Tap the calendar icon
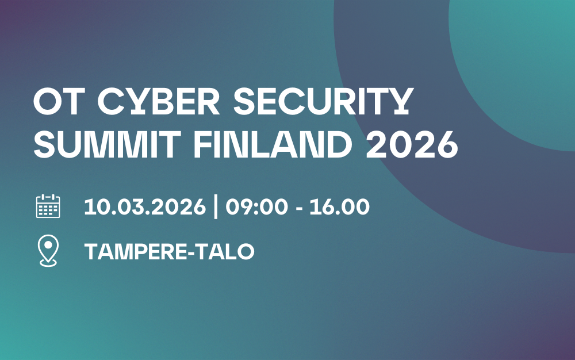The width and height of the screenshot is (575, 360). coord(48,206)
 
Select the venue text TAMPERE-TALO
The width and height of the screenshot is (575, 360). coord(169,252)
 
